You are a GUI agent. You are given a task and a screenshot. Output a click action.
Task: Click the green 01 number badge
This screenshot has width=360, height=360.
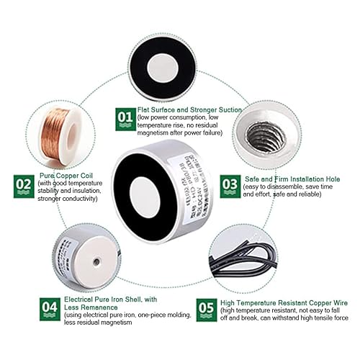125,118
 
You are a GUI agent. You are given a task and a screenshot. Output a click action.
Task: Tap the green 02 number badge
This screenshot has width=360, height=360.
24,186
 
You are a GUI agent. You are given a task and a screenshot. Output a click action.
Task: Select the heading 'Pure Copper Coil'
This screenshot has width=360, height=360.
68,175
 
